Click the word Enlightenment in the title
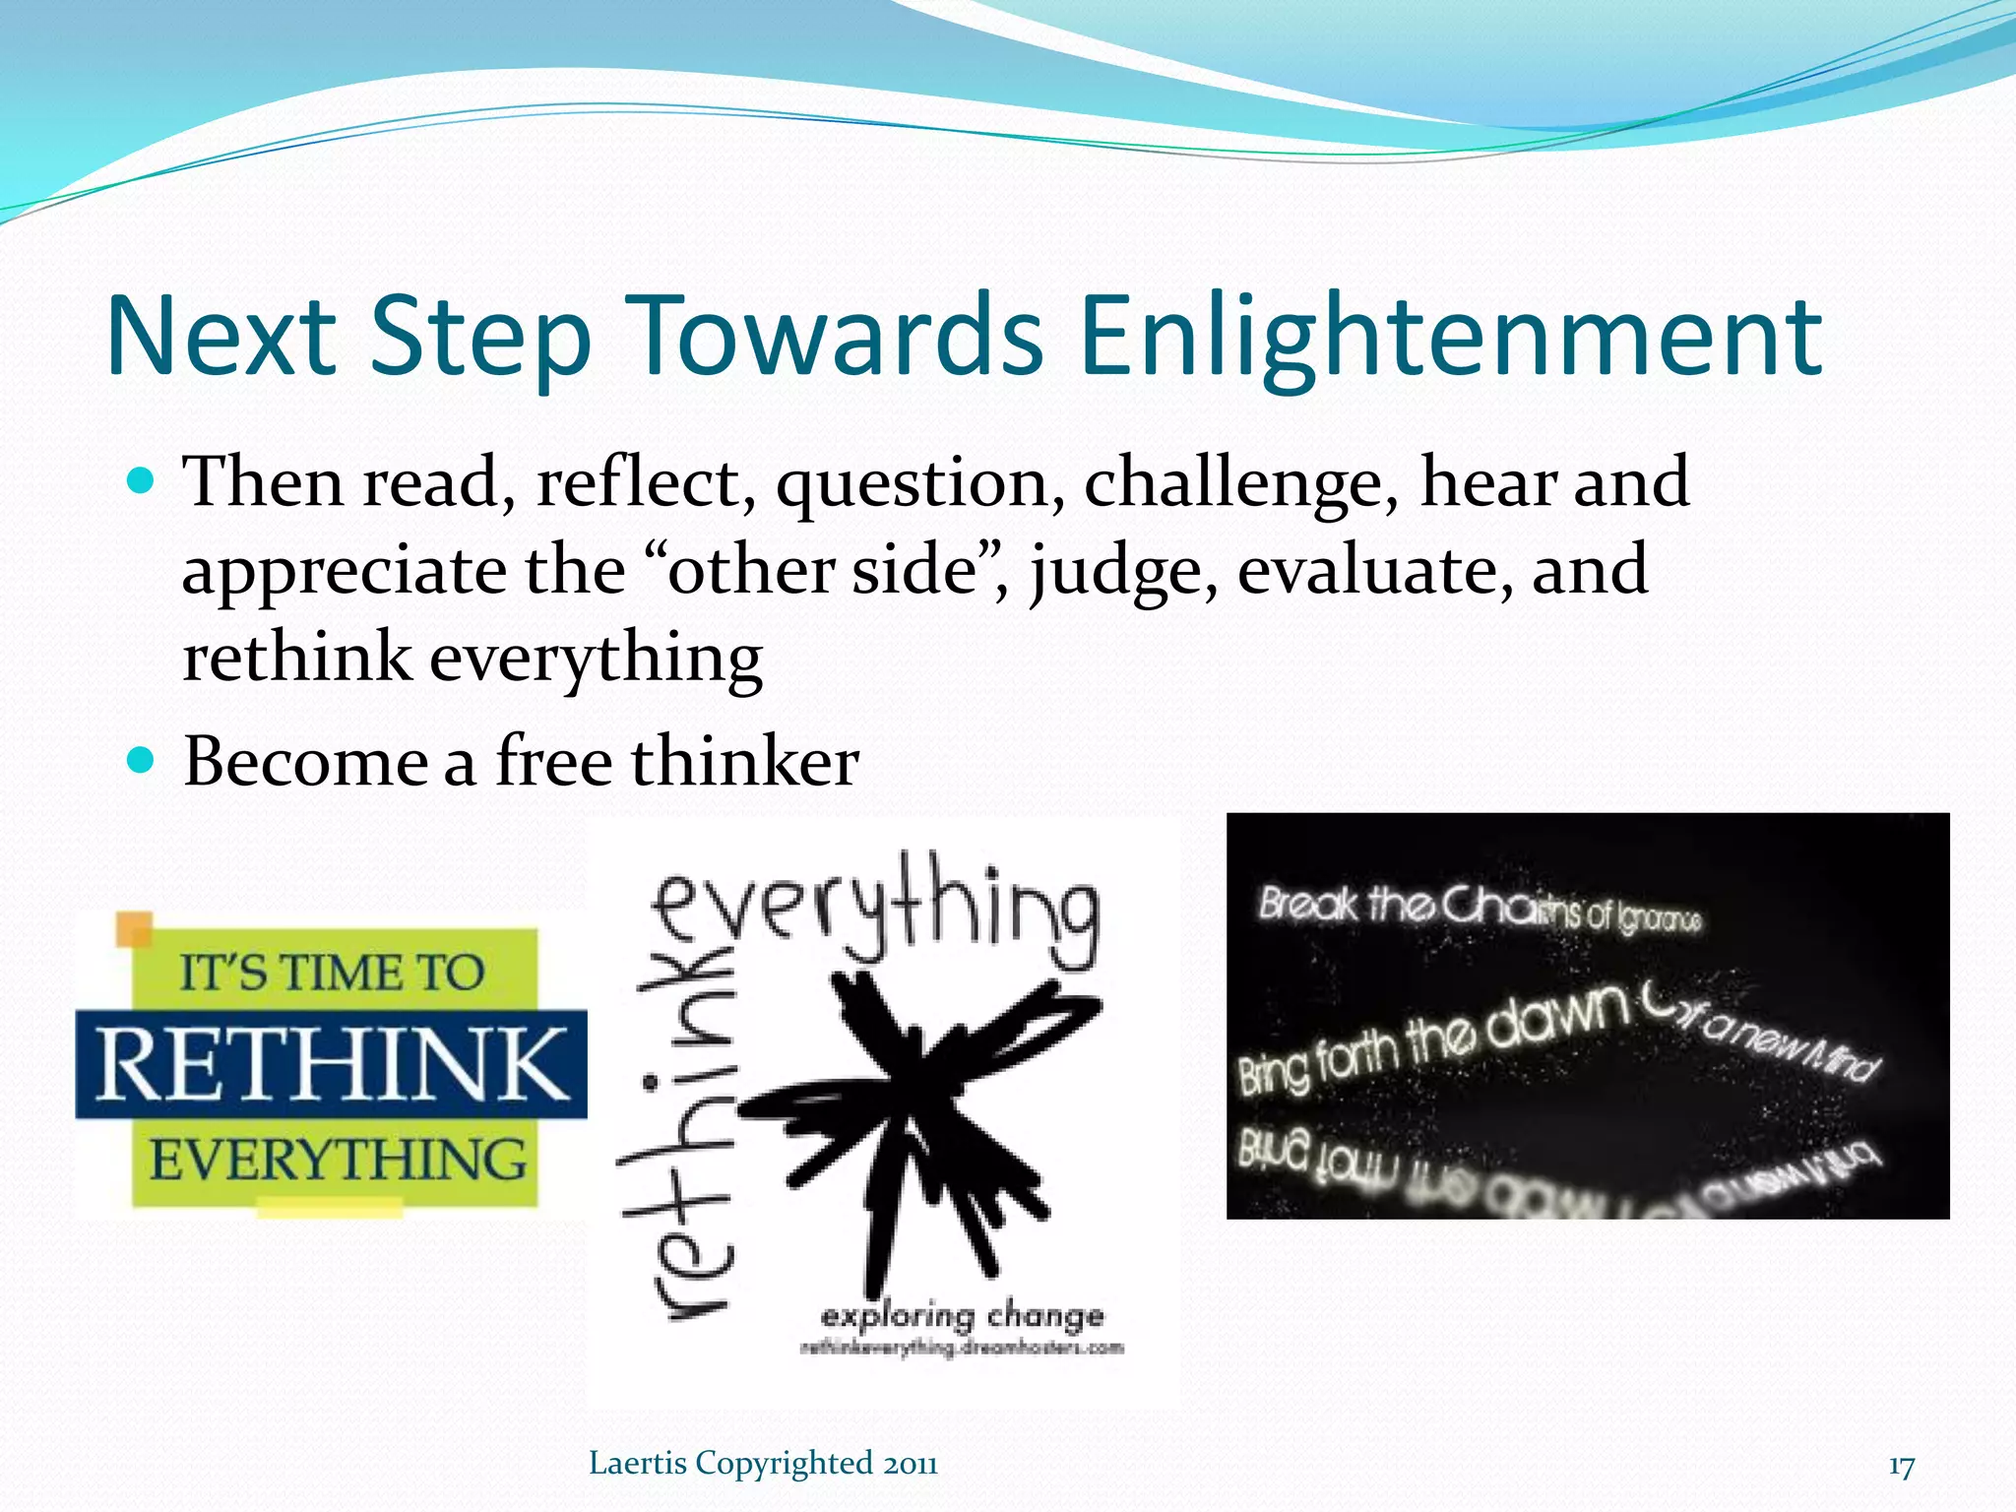(x=1451, y=337)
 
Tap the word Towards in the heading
(x=834, y=337)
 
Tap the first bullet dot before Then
(x=142, y=481)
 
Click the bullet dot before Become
(x=142, y=761)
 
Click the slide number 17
(x=1901, y=1467)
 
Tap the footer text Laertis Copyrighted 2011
(x=763, y=1464)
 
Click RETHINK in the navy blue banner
(x=333, y=1065)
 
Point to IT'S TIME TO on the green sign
(x=333, y=973)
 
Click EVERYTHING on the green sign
(x=338, y=1160)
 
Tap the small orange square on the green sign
(x=135, y=928)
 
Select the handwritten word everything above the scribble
(x=876, y=911)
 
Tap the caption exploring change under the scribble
(x=962, y=1316)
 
